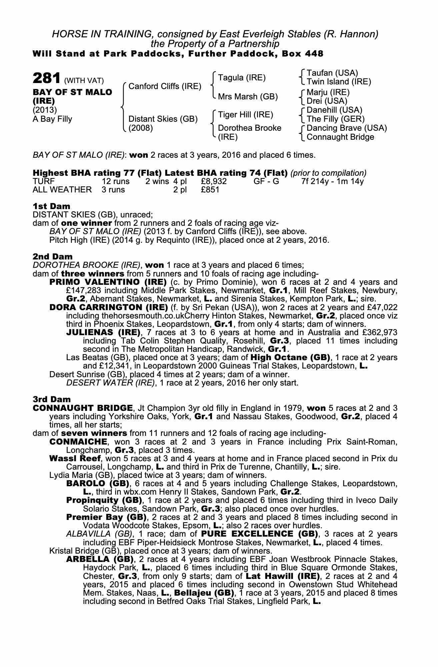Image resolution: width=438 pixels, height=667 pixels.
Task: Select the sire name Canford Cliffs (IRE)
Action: click(165, 86)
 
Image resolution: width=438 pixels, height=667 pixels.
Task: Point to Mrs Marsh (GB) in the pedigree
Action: click(248, 97)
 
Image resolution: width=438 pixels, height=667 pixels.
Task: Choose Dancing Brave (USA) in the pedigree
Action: click(347, 128)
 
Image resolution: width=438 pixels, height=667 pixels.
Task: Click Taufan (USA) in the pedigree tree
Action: click(332, 73)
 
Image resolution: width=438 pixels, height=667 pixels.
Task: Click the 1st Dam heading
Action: click(51, 206)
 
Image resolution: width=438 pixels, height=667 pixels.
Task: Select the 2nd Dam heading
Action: click(52, 256)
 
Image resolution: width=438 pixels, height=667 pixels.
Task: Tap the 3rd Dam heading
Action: click(52, 399)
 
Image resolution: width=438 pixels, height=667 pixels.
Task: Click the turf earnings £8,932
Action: click(214, 181)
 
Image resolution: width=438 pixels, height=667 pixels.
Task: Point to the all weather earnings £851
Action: click(210, 190)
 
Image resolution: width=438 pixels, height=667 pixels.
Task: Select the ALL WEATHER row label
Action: click(62, 190)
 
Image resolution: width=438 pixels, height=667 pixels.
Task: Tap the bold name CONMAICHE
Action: click(78, 442)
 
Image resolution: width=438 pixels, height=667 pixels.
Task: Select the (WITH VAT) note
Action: click(84, 80)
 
